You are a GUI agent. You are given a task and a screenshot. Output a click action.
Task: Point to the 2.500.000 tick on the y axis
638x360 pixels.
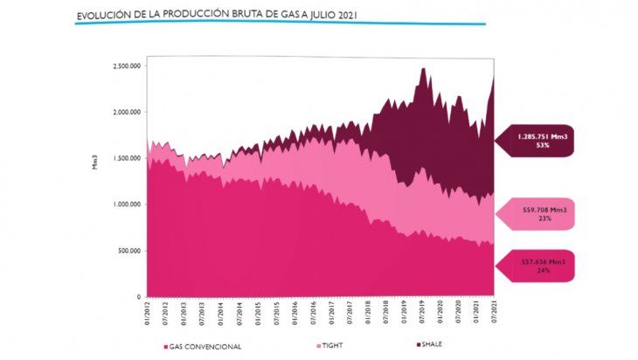pyautogui.click(x=126, y=66)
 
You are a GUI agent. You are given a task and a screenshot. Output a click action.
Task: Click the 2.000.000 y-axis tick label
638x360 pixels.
pyautogui.click(x=126, y=112)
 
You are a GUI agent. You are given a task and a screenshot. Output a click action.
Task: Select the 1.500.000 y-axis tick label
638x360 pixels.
pyautogui.click(x=126, y=158)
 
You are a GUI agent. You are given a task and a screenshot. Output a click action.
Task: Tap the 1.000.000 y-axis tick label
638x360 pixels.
pyautogui.click(x=126, y=204)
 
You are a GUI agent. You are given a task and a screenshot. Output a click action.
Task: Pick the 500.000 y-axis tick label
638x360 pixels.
pyautogui.click(x=128, y=251)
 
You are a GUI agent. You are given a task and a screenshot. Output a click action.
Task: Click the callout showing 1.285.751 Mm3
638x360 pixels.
pyautogui.click(x=532, y=141)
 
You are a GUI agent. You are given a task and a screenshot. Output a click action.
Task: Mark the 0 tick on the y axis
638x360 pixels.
pyautogui.click(x=137, y=296)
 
